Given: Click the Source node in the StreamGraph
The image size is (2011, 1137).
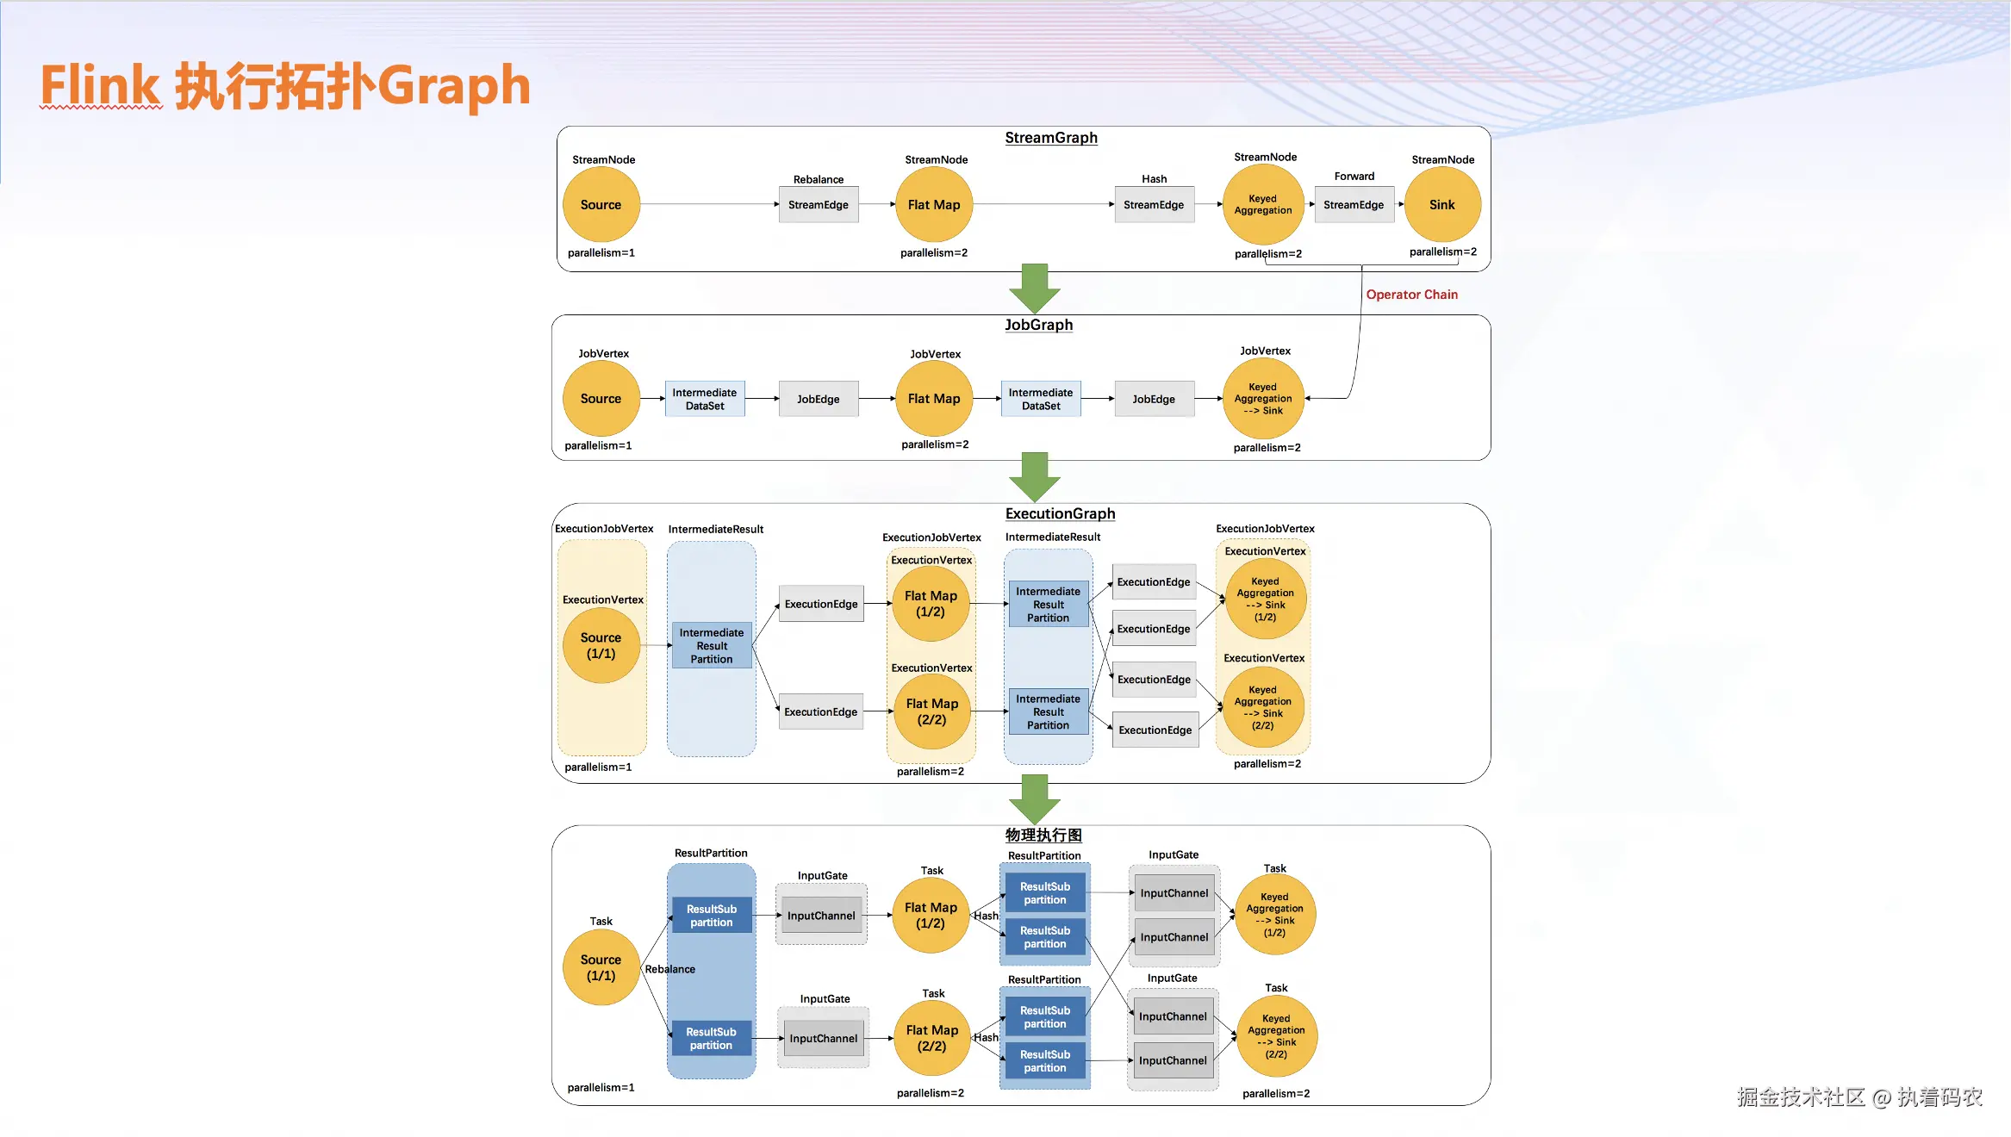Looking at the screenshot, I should [x=601, y=205].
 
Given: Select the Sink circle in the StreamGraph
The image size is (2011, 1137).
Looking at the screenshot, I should [x=1441, y=205].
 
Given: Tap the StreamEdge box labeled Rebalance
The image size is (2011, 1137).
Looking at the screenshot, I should [x=818, y=205].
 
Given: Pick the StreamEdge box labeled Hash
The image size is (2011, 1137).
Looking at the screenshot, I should [x=1154, y=205].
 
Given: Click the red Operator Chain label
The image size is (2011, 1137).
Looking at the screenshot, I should [x=1411, y=295].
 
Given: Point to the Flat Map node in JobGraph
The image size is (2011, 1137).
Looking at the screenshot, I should [x=933, y=399].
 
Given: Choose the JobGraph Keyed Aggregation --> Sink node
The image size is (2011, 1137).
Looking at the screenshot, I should [x=1262, y=399].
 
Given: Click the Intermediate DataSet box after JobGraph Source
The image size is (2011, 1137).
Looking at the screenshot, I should [x=704, y=399].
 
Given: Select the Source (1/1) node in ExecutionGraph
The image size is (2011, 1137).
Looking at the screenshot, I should [x=601, y=645].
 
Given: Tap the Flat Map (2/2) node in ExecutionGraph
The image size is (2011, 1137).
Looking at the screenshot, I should [x=931, y=711].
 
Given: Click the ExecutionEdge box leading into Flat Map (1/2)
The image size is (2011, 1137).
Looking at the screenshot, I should [x=821, y=604].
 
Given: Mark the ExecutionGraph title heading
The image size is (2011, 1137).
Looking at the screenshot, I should [x=1060, y=513].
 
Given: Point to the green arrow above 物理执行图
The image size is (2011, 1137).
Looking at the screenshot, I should [x=1034, y=799].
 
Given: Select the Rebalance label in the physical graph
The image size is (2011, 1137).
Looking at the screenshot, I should [x=669, y=969].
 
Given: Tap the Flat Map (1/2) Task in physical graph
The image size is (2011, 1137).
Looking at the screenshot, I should [x=931, y=916].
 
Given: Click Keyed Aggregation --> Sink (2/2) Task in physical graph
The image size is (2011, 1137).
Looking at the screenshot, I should [x=1276, y=1036].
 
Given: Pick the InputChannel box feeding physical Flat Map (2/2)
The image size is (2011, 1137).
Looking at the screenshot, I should [x=823, y=1039].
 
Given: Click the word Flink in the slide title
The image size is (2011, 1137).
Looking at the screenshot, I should [x=100, y=86].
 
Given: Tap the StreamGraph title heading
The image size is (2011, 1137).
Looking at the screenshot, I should [x=1050, y=138].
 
